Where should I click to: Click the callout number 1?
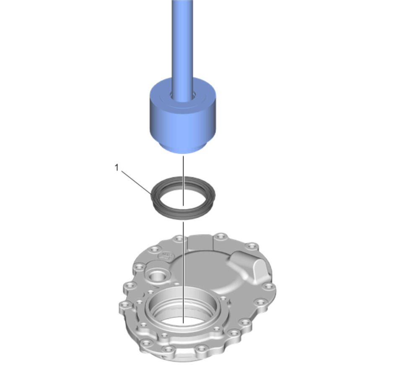tap(117, 168)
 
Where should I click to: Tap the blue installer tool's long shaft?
tap(182, 46)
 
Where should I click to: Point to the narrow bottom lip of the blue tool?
tap(182, 148)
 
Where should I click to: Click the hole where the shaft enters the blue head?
tap(182, 96)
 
